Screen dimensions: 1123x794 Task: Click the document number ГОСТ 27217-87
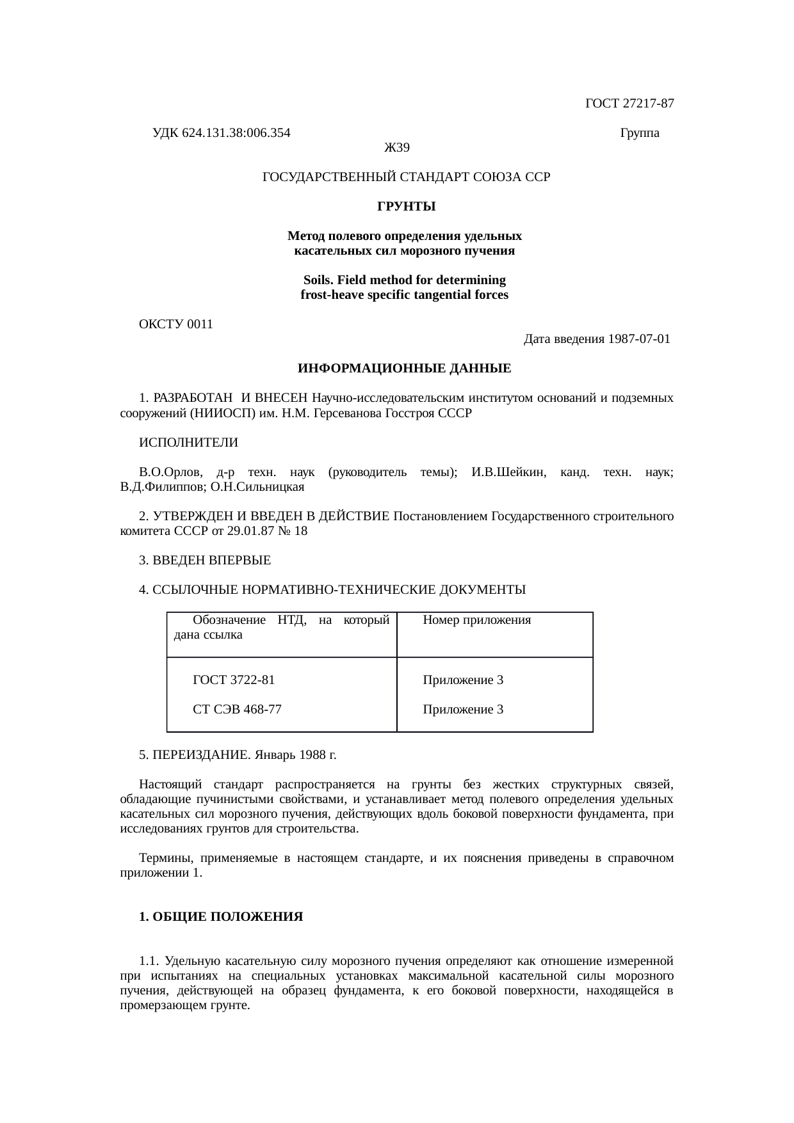(x=629, y=103)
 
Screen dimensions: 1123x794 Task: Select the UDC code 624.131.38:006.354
(x=236, y=133)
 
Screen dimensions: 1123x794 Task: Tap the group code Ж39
(x=396, y=148)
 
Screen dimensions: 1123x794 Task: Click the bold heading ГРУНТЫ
(x=406, y=207)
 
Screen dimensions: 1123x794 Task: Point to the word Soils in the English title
(x=318, y=281)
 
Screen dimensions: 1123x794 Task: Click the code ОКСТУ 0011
(x=175, y=324)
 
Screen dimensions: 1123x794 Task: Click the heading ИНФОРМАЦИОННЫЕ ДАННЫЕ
(x=404, y=369)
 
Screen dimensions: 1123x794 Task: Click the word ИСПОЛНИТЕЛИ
(x=188, y=443)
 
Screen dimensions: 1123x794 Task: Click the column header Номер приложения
(x=477, y=620)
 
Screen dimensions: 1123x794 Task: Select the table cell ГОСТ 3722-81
(x=234, y=680)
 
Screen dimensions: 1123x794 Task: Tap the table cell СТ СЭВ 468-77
(x=237, y=710)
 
